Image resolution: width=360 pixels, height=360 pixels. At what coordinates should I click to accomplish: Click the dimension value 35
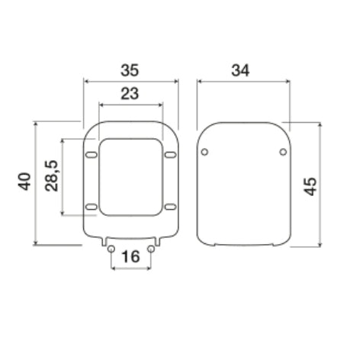pyautogui.click(x=130, y=70)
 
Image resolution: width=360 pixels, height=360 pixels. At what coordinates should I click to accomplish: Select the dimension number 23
pyautogui.click(x=130, y=94)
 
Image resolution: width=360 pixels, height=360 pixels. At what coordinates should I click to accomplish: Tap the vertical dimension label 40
pyautogui.click(x=24, y=182)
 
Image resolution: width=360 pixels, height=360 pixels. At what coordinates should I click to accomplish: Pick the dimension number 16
pyautogui.click(x=130, y=257)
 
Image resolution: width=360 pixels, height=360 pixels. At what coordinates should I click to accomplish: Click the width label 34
pyautogui.click(x=240, y=70)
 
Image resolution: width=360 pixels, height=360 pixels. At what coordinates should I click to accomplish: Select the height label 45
pyautogui.click(x=310, y=185)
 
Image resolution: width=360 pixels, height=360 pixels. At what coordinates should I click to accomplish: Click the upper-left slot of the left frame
pyautogui.click(x=92, y=155)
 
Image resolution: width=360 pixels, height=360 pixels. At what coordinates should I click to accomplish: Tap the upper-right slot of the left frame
pyautogui.click(x=169, y=155)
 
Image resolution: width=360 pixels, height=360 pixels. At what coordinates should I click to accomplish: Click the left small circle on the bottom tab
pyautogui.click(x=111, y=249)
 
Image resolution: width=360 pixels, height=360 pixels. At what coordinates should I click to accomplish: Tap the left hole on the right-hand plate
pyautogui.click(x=204, y=152)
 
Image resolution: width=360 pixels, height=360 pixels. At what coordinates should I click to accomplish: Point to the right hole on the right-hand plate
pyautogui.click(x=283, y=152)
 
